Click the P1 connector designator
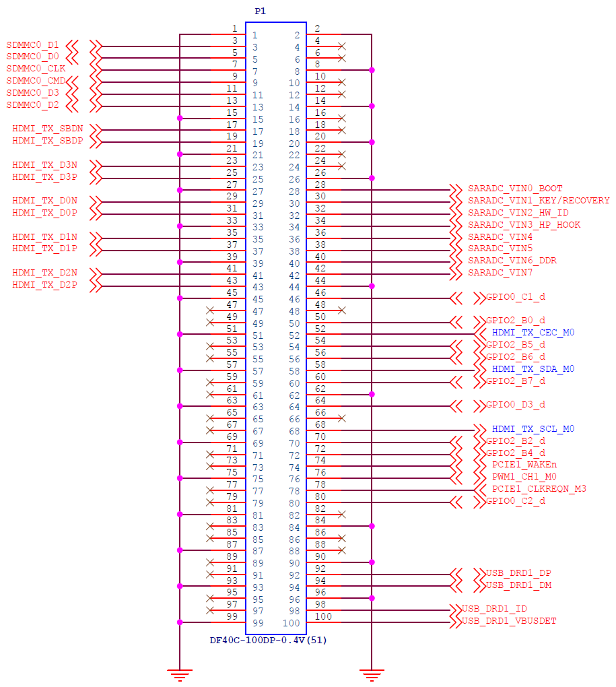[x=260, y=11]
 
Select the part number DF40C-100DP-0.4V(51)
[x=269, y=640]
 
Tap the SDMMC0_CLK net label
[x=36, y=69]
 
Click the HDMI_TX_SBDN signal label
[x=48, y=129]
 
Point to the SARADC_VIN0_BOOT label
[x=515, y=189]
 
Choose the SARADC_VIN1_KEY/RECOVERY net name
[x=539, y=201]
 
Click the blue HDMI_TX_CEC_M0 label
[x=533, y=333]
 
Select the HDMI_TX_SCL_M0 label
[x=533, y=429]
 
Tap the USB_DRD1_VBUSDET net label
[x=509, y=621]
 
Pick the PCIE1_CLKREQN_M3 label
[x=539, y=488]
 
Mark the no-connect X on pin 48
[x=342, y=310]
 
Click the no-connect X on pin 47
[x=210, y=310]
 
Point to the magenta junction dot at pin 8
[x=372, y=70]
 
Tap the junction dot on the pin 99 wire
[x=180, y=622]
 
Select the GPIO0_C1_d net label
[x=516, y=296]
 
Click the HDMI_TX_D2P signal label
[x=44, y=285]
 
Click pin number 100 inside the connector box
[x=291, y=623]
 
